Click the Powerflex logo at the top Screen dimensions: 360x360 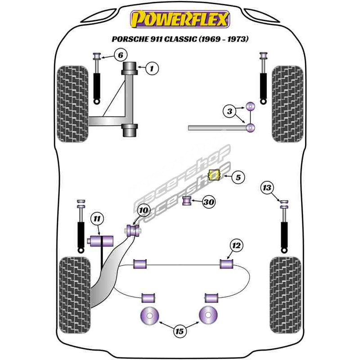click(180, 20)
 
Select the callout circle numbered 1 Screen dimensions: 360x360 click(152, 69)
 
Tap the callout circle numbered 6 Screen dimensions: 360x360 click(120, 56)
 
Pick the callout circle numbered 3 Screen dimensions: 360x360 click(229, 111)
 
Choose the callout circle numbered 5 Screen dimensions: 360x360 click(238, 178)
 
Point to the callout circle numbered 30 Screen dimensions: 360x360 click(208, 202)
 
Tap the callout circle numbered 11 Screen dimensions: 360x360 click(96, 219)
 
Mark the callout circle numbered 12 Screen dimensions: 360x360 click(236, 245)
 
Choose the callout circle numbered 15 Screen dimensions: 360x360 click(180, 332)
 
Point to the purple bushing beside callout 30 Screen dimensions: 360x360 click(187, 200)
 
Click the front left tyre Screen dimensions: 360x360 click(73, 103)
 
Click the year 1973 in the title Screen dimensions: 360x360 click(238, 39)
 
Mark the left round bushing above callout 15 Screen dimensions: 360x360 click(150, 315)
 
